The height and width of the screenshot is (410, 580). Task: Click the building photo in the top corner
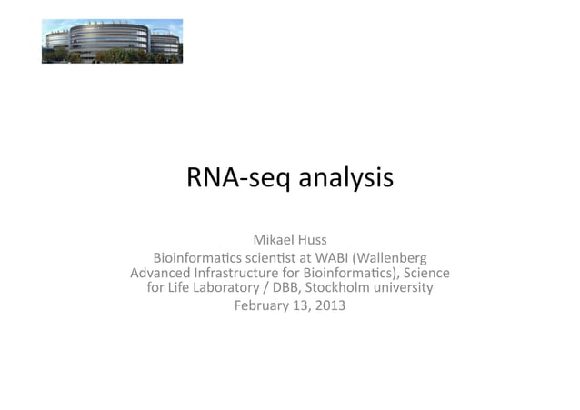pyautogui.click(x=112, y=42)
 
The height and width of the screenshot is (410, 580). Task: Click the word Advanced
pyautogui.click(x=162, y=273)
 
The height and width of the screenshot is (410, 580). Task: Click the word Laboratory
pyautogui.click(x=233, y=288)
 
